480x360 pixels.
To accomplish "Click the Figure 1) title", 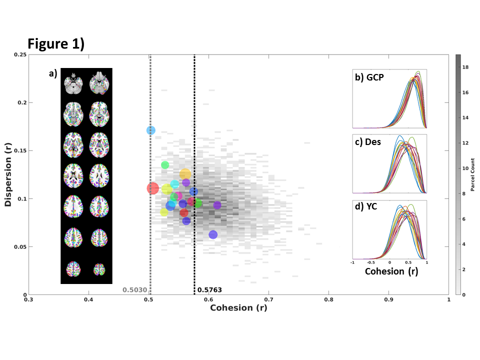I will [56, 43].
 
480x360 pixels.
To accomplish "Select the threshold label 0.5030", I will [135, 289].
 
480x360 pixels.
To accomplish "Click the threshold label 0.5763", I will [209, 289].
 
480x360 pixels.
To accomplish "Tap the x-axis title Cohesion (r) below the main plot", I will [238, 307].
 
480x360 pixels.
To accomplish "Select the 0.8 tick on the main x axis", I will [328, 300].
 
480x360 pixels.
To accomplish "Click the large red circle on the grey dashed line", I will [152, 188].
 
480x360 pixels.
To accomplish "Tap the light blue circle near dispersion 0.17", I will [151, 130].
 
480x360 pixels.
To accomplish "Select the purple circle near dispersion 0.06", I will [213, 234].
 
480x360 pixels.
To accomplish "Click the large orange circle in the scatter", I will [185, 174].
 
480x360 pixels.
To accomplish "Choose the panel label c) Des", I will [368, 142].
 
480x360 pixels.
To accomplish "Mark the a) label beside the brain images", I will [52, 73].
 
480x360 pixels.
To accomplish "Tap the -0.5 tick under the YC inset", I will [371, 261].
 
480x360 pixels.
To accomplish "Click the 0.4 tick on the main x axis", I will [88, 300].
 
